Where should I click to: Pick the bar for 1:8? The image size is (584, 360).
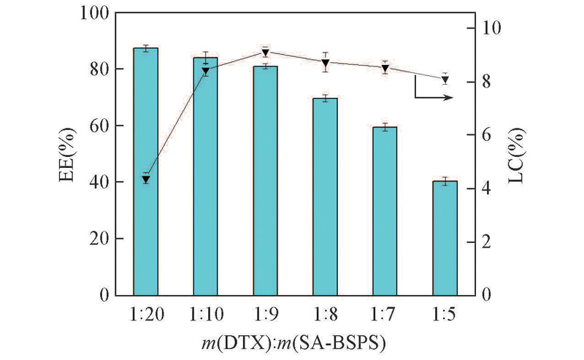[x=325, y=196]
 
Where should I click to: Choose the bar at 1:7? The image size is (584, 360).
[x=385, y=211]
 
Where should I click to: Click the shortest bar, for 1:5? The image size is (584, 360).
[x=445, y=238]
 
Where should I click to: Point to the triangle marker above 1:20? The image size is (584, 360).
[x=145, y=179]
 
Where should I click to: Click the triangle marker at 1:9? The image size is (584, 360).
[x=265, y=53]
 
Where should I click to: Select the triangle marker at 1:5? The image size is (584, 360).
[x=445, y=80]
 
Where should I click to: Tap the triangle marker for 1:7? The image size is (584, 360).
[x=385, y=68]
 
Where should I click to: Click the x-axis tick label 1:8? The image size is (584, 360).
[x=325, y=313]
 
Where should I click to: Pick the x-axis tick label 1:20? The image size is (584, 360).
[x=145, y=313]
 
